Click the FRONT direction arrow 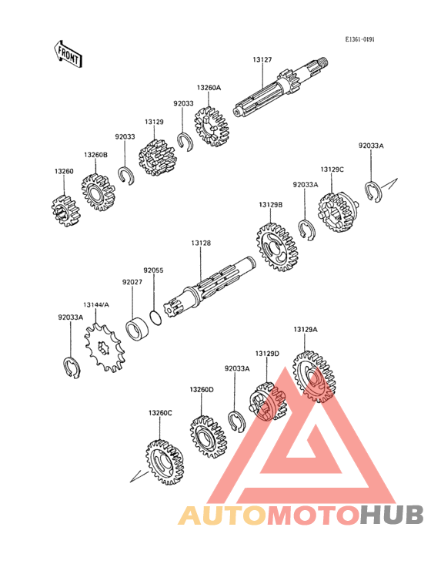pos(68,54)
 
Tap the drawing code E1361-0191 pos(359,39)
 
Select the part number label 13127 pos(262,59)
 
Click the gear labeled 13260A pos(212,126)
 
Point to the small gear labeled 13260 pos(65,211)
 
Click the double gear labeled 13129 pos(158,158)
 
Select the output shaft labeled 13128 pos(209,287)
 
